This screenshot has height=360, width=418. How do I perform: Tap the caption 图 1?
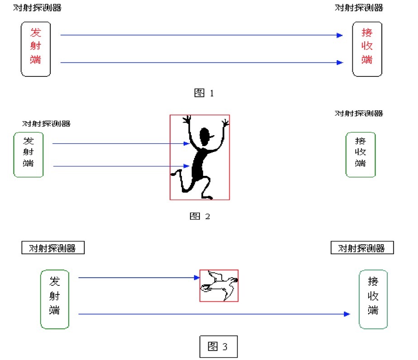pyautogui.click(x=203, y=93)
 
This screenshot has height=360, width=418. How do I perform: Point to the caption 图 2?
pyautogui.click(x=199, y=216)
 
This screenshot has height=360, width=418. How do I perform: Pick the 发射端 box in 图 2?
pyautogui.click(x=28, y=154)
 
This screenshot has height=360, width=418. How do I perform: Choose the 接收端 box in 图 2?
pyautogui.click(x=361, y=154)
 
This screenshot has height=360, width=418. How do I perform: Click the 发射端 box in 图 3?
pyautogui.click(x=55, y=299)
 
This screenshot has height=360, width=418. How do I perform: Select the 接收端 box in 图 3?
pyautogui.click(x=373, y=299)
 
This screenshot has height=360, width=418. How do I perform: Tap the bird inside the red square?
pyautogui.click(x=219, y=285)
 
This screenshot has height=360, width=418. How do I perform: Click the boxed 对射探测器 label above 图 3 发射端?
pyautogui.click(x=53, y=248)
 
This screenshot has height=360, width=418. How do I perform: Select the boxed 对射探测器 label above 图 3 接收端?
pyautogui.click(x=362, y=248)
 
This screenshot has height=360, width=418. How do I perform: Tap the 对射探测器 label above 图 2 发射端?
pyautogui.click(x=47, y=123)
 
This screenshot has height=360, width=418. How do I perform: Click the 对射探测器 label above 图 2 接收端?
pyautogui.click(x=359, y=113)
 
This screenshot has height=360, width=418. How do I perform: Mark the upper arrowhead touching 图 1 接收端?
pyautogui.click(x=339, y=35)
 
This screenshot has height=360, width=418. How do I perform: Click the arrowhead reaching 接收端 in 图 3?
pyautogui.click(x=347, y=313)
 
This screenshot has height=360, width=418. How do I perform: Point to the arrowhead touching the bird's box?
pyautogui.click(x=197, y=278)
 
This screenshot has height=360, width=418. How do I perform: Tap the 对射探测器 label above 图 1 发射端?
pyautogui.click(x=38, y=8)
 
